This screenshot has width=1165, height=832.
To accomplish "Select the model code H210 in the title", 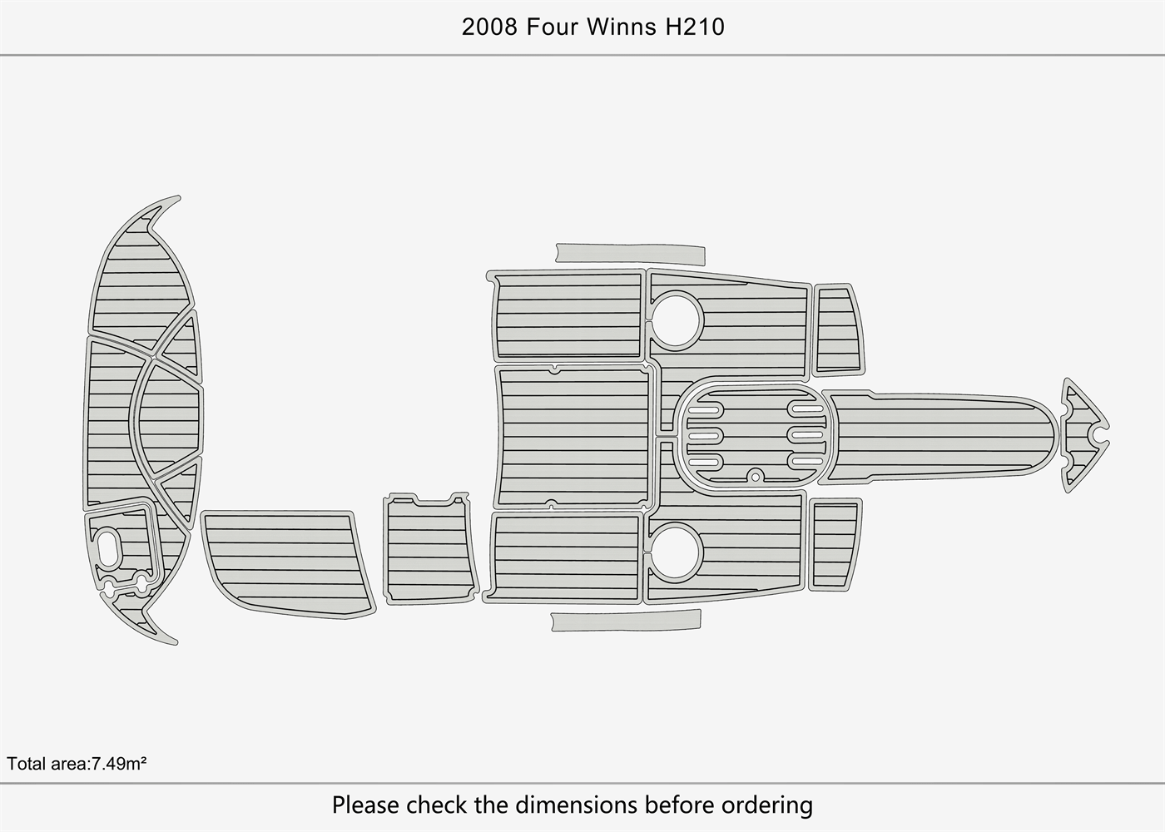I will [694, 27].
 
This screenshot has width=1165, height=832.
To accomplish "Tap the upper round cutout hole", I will [677, 319].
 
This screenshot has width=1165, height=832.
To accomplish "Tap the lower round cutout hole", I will [676, 551].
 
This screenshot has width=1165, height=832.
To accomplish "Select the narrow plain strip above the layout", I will [628, 252].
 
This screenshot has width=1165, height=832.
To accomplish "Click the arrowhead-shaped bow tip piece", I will [1083, 434].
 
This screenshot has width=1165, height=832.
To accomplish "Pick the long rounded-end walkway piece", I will [940, 435].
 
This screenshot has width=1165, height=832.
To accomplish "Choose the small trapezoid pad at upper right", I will [837, 329].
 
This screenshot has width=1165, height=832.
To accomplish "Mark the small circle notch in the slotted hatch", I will [755, 476].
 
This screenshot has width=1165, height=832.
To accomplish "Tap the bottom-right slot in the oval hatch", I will [806, 461].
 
